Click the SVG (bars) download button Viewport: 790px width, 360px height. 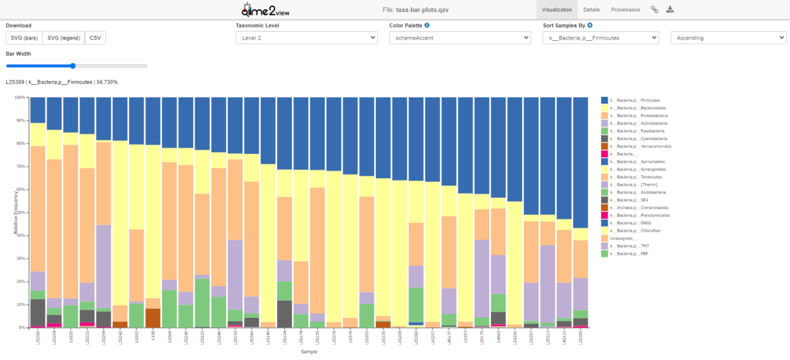24,38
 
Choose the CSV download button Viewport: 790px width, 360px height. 95,38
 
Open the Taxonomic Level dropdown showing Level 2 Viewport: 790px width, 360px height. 306,38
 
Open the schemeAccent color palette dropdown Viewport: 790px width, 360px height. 460,38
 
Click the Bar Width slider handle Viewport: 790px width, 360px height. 72,66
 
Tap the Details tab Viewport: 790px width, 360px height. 591,10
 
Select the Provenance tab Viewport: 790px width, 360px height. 625,10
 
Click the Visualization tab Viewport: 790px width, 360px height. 556,10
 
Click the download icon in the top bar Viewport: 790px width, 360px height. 670,10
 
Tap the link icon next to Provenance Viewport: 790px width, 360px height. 654,10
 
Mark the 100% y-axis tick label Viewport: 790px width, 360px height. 18,97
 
